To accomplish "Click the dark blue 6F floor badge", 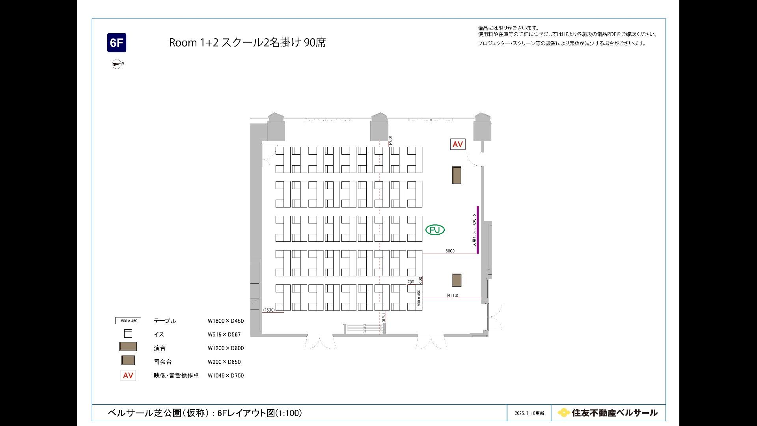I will pyautogui.click(x=117, y=43).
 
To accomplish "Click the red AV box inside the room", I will pyautogui.click(x=457, y=144).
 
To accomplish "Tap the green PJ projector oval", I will pyautogui.click(x=435, y=230).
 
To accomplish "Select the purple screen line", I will pyautogui.click(x=478, y=230).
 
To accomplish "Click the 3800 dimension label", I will pyautogui.click(x=450, y=251).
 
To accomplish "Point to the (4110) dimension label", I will pyautogui.click(x=452, y=295).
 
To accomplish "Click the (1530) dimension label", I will pyautogui.click(x=269, y=310).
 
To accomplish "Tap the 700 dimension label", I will pyautogui.click(x=411, y=282).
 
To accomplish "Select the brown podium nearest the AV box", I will pyautogui.click(x=457, y=175).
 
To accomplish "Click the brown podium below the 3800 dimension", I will pyautogui.click(x=457, y=280).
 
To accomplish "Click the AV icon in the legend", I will pyautogui.click(x=128, y=376).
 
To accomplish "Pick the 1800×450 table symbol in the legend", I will pyautogui.click(x=128, y=321).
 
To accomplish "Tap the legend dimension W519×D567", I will pyautogui.click(x=224, y=334).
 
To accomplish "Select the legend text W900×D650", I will pyautogui.click(x=224, y=362).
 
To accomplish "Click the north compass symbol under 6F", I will pyautogui.click(x=117, y=64).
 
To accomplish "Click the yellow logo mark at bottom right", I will pyautogui.click(x=564, y=413).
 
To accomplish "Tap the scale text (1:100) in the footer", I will pyautogui.click(x=289, y=413).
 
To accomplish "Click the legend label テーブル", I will pyautogui.click(x=165, y=321).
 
